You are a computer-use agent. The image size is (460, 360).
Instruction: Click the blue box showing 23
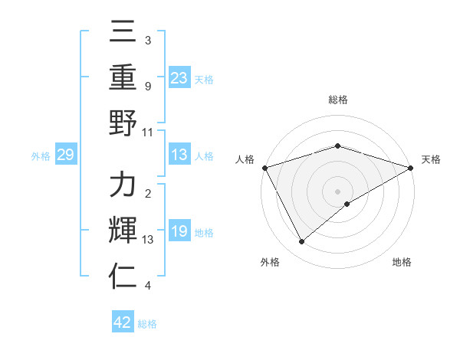tap(179, 77)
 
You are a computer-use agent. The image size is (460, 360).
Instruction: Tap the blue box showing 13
tap(179, 155)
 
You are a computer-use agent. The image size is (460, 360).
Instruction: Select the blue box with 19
tap(179, 232)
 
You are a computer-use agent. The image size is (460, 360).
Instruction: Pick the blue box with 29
tap(65, 155)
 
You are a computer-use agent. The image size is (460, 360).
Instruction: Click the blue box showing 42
tap(123, 322)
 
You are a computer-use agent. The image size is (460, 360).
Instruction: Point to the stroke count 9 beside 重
tap(147, 86)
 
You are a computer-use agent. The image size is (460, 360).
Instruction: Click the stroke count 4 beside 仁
tap(147, 286)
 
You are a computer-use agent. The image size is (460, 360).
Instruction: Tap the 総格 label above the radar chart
tap(338, 100)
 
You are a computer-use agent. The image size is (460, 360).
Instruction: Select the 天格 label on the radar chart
tap(431, 159)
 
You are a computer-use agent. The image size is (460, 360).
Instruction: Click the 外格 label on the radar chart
tap(270, 262)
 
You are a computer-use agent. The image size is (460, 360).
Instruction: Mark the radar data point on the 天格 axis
tap(412, 168)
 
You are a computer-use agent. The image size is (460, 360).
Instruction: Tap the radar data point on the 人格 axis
tap(264, 168)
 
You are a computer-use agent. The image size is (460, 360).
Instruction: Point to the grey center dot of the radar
tap(338, 191)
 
